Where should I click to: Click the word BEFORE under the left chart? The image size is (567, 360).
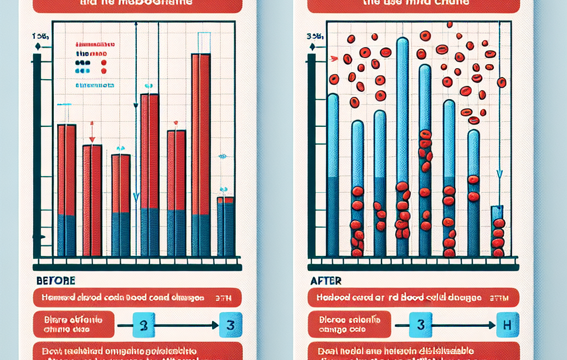(x=56, y=281)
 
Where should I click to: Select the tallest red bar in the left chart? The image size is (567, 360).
(x=200, y=155)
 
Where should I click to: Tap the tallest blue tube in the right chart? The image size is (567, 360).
(x=403, y=144)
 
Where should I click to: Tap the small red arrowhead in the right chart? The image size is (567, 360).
(x=333, y=58)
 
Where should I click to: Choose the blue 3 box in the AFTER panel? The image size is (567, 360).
(x=420, y=325)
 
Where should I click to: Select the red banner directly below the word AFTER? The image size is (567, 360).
(x=413, y=297)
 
